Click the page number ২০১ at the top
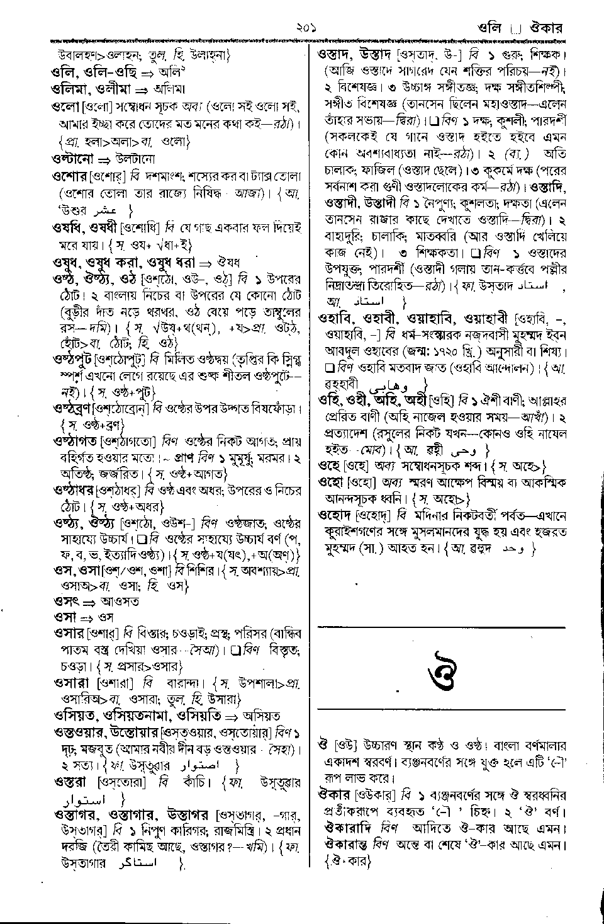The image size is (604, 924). pos(302,28)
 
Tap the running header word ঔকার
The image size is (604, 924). pos(545,28)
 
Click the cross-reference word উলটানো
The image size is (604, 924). pos(135,159)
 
